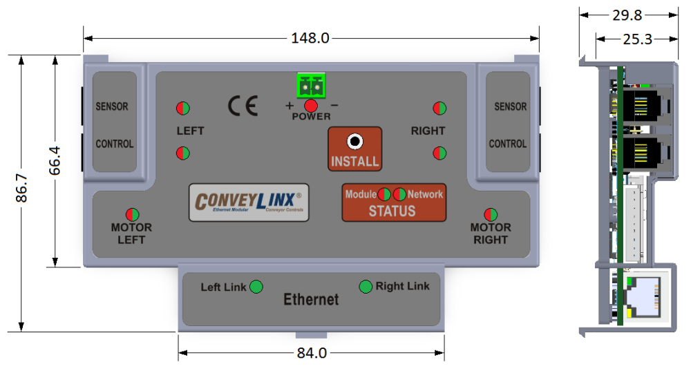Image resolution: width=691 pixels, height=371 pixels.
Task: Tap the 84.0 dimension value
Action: (x=312, y=353)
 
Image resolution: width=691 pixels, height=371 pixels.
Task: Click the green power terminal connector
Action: (x=311, y=86)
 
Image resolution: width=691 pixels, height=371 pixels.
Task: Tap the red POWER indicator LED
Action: (x=311, y=106)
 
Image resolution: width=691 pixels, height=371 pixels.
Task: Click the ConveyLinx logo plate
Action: (x=249, y=202)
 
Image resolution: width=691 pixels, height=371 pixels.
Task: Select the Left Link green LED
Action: (x=256, y=286)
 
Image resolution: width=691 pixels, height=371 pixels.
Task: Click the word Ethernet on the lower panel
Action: (x=312, y=300)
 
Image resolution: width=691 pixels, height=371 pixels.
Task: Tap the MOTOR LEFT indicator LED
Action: (x=132, y=214)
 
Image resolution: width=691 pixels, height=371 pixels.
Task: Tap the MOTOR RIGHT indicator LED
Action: (x=491, y=214)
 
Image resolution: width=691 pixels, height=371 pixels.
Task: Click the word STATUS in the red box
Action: (x=392, y=211)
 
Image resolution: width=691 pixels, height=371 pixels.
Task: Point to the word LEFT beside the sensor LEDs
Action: (x=190, y=131)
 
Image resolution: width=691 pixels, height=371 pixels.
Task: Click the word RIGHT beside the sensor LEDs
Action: (x=428, y=131)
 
